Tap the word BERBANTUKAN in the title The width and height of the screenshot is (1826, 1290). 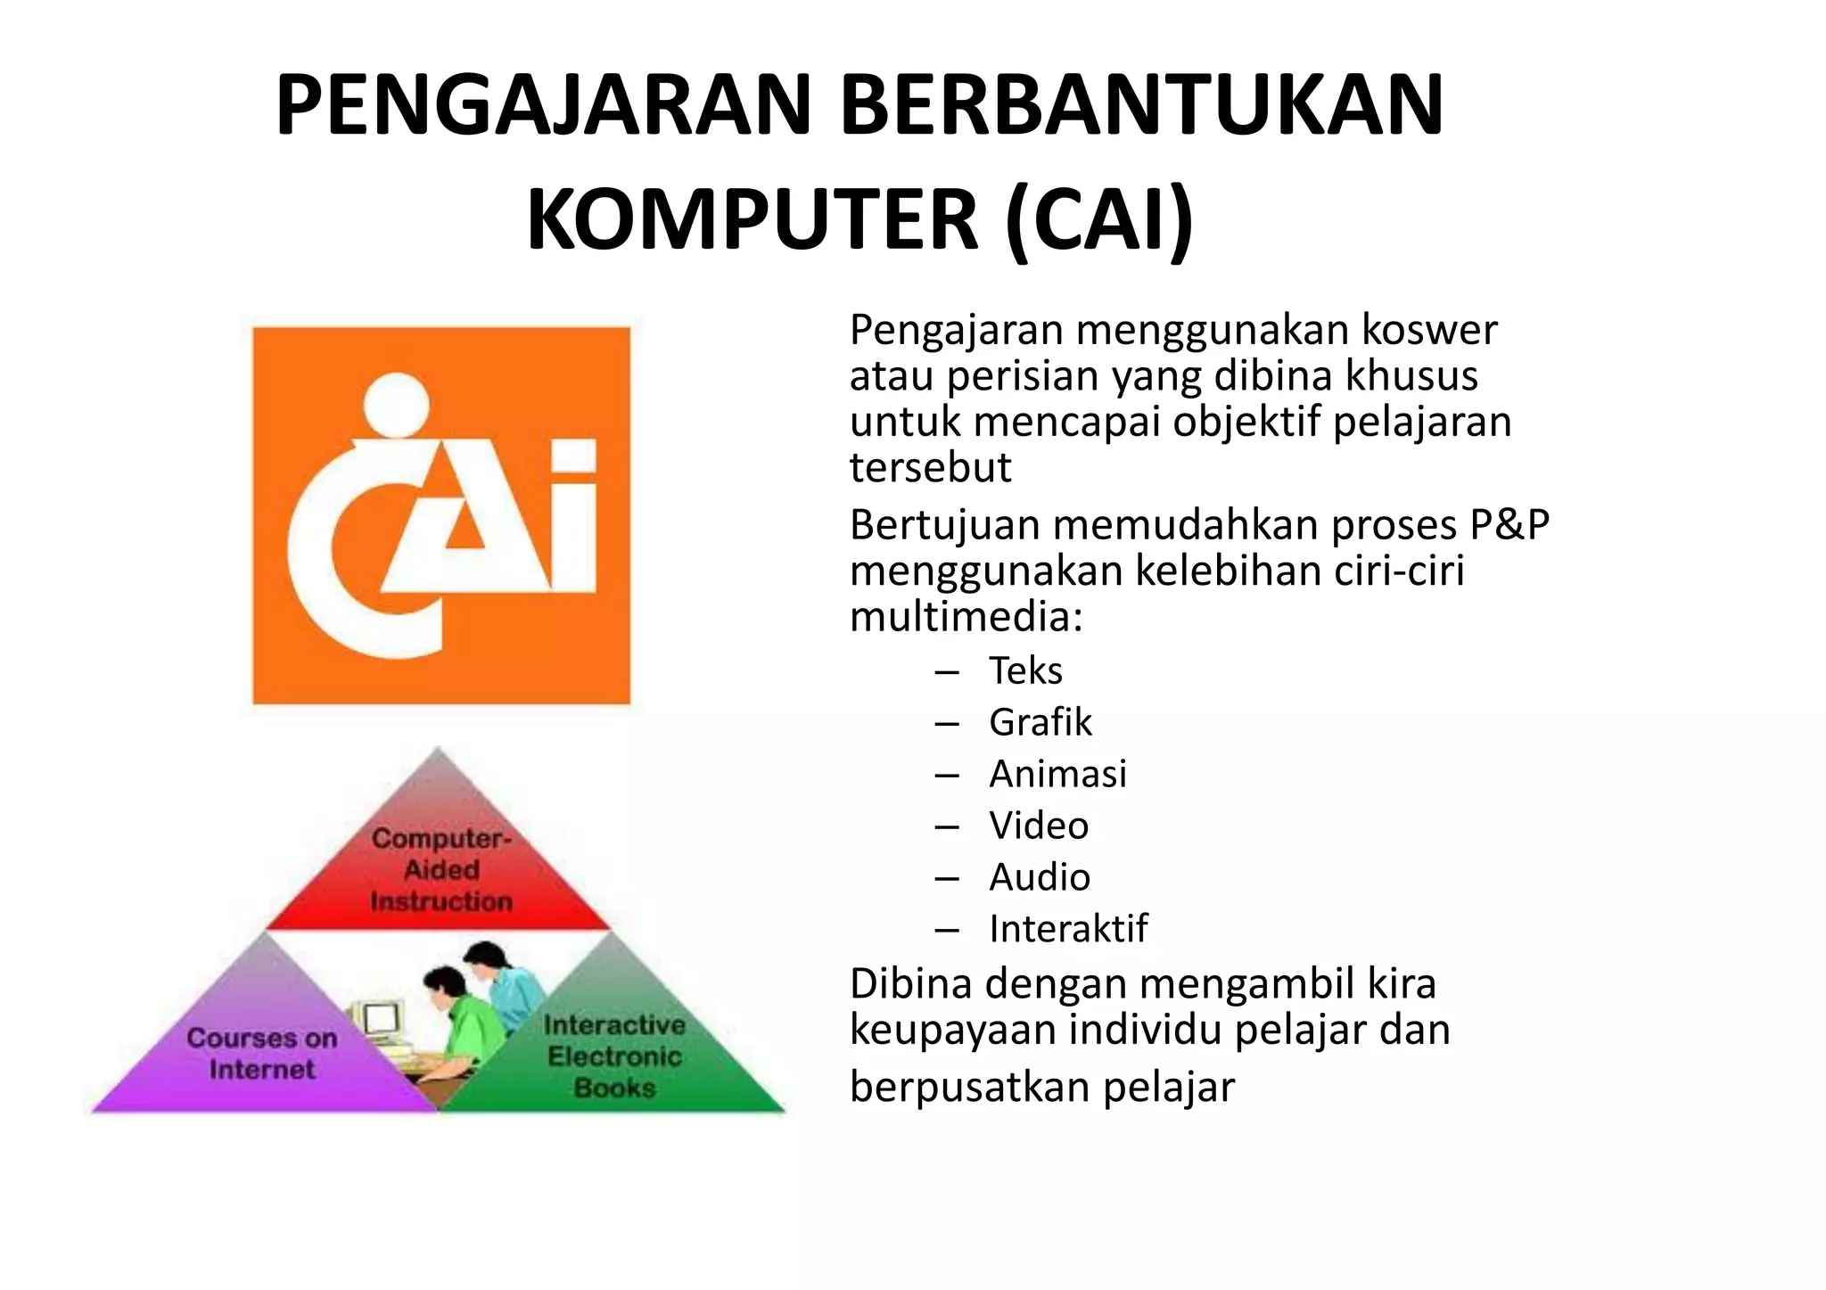coord(1141,106)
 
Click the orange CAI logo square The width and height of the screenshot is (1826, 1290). coord(441,515)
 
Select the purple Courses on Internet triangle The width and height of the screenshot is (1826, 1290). coord(262,1052)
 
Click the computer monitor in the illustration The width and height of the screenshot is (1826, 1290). coord(378,1019)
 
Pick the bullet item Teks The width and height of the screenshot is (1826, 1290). coord(1025,670)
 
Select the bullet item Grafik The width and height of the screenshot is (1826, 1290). coord(1040,722)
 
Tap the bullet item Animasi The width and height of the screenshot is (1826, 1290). coord(1057,774)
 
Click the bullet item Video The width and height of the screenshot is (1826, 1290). coord(1039,826)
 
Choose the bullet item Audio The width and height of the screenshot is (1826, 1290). coord(1040,877)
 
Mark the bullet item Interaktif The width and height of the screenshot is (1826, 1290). coord(1068,929)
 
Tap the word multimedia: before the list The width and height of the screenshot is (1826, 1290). coord(966,617)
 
